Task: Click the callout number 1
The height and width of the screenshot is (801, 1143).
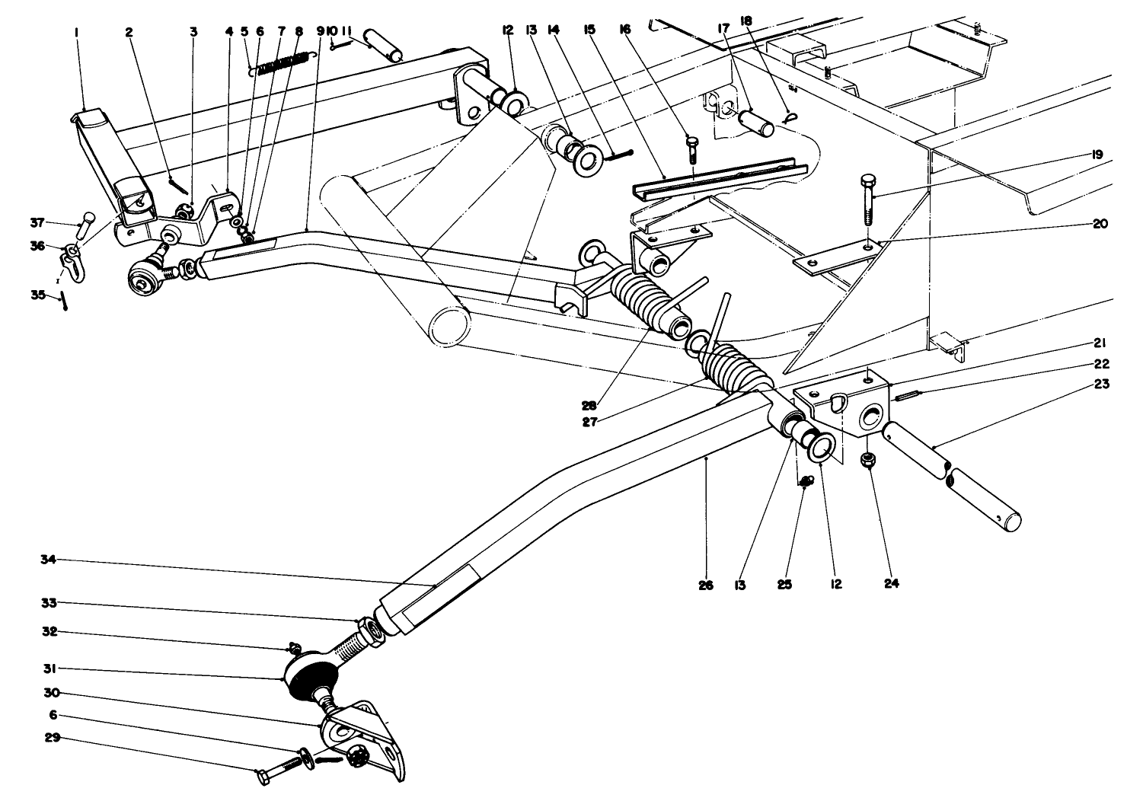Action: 78,32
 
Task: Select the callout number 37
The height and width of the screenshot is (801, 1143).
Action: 37,222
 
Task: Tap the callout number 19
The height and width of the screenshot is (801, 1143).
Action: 1097,155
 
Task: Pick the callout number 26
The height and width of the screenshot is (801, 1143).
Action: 706,586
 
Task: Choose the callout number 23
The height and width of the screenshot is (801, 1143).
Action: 1103,385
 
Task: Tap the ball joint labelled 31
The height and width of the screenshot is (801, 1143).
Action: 310,675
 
